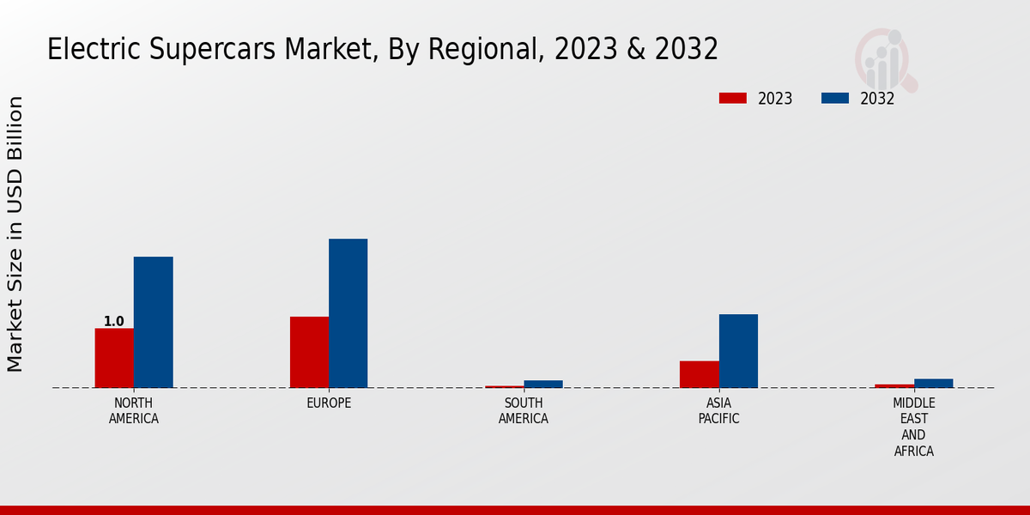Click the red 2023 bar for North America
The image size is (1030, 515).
(114, 358)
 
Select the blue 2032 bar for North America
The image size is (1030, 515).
(153, 322)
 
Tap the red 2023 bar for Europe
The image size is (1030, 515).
(309, 352)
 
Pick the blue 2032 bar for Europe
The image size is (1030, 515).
(348, 313)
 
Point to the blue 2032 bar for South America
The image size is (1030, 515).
(543, 384)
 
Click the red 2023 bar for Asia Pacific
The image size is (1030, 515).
(700, 374)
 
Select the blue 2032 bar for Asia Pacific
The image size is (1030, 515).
(738, 351)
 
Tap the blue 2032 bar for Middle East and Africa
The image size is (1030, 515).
(933, 383)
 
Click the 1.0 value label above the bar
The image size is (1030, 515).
(114, 322)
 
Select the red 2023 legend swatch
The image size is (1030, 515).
(732, 99)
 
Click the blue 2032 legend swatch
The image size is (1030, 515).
(834, 99)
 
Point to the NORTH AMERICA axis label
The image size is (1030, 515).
(134, 411)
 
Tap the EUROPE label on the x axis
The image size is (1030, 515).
(329, 403)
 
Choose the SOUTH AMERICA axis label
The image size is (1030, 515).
(524, 411)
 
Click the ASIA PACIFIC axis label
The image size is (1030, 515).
(718, 411)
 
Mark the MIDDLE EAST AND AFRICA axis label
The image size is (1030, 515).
(914, 427)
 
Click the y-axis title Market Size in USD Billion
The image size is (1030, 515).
(15, 233)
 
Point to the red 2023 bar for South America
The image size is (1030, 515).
(505, 386)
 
